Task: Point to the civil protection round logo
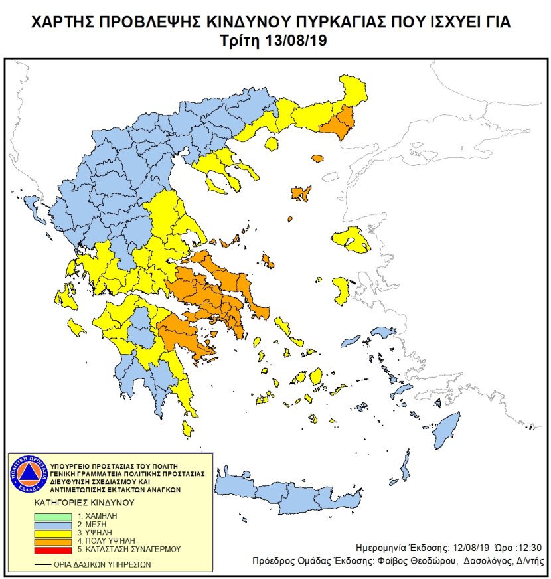pos(27,475)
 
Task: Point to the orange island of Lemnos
pos(301,193)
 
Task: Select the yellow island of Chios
pos(342,290)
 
